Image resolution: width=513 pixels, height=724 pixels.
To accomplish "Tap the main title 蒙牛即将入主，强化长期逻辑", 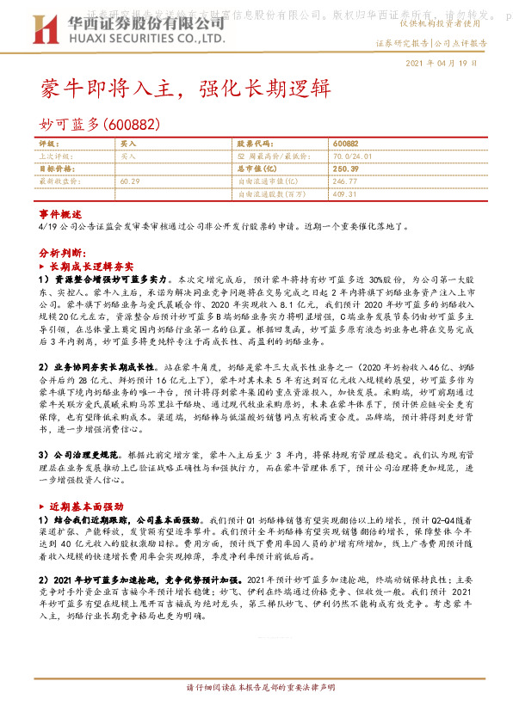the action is (x=183, y=88).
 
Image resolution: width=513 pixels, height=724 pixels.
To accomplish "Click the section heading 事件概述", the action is (x=60, y=213).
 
